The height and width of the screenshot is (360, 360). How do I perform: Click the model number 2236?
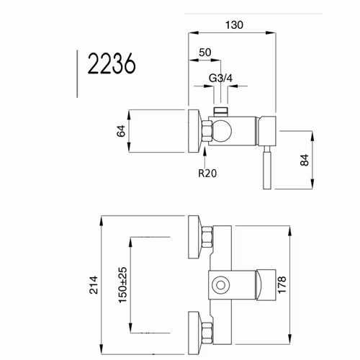tap(112, 63)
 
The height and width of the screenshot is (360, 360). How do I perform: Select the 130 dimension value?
tap(234, 25)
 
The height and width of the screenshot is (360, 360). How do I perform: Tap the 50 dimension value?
tap(205, 53)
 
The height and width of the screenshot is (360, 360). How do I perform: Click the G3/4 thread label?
tap(220, 78)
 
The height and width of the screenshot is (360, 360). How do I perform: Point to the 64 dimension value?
tap(121, 131)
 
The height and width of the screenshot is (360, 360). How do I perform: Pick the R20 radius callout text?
tap(207, 173)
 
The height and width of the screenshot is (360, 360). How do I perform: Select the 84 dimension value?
tap(305, 160)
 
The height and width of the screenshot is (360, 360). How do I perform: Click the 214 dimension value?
tap(94, 285)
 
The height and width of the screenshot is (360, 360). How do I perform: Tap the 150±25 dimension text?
tap(122, 284)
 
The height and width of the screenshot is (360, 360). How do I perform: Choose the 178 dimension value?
tap(282, 284)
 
